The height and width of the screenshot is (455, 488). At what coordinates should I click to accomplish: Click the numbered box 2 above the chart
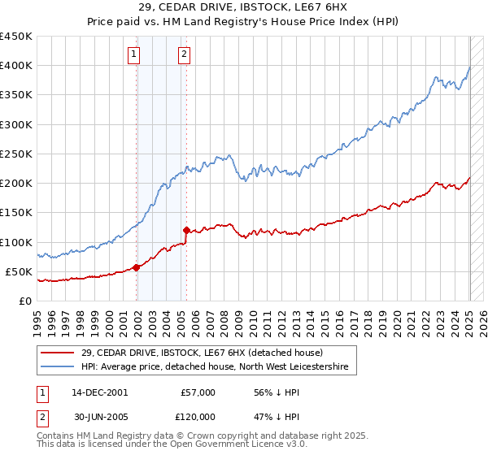185,54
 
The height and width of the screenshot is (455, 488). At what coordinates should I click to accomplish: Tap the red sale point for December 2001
136,266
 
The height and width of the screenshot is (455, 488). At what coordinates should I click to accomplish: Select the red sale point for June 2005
186,230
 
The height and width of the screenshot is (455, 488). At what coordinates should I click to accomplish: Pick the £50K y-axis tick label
19,271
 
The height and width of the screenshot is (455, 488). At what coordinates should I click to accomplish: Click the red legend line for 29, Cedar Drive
58,353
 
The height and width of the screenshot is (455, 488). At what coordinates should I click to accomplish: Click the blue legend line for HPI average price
58,367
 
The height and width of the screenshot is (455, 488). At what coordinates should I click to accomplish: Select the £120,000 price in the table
198,416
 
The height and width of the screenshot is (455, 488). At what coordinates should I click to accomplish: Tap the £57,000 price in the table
198,392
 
